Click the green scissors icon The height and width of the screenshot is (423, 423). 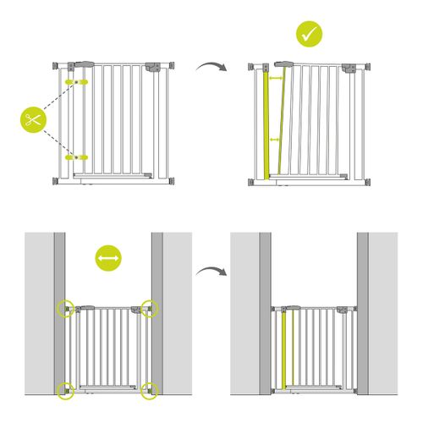coord(31,119)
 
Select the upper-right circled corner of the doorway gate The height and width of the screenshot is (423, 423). coord(150,307)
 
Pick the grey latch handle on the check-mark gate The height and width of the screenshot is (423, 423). coord(280,63)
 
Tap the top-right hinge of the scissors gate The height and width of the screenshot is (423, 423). coord(152,66)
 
